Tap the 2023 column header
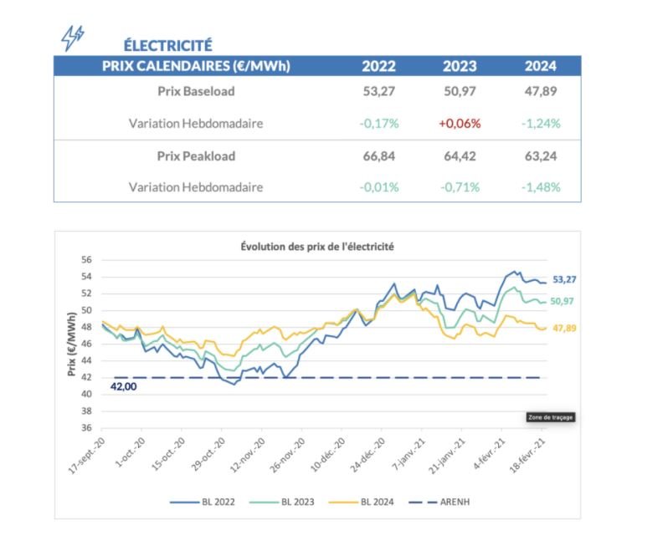click(x=460, y=66)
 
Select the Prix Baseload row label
click(x=196, y=91)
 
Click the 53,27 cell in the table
click(x=379, y=91)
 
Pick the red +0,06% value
click(x=460, y=123)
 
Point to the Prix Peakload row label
click(x=196, y=156)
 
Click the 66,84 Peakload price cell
click(x=379, y=156)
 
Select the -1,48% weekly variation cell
click(x=540, y=187)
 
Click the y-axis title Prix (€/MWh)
click(x=71, y=344)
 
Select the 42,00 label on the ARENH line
click(x=123, y=387)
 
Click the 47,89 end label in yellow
click(x=565, y=329)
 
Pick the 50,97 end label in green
click(x=565, y=301)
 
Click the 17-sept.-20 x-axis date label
click(x=85, y=452)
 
